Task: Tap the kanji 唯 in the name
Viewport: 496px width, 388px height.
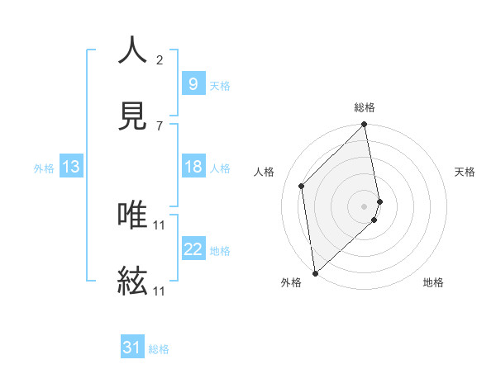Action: click(132, 215)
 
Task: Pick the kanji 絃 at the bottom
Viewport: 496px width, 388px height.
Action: click(132, 281)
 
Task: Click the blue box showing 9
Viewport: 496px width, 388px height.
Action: click(193, 83)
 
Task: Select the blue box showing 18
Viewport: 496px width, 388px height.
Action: click(193, 167)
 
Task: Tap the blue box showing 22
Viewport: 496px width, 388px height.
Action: click(193, 250)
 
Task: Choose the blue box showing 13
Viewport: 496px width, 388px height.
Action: click(71, 167)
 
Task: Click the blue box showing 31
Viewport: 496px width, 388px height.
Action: click(131, 348)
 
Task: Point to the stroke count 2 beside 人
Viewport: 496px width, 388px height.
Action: click(160, 59)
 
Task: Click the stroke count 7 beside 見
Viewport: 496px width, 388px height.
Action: click(160, 125)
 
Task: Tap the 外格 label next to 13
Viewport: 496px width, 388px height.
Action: click(44, 168)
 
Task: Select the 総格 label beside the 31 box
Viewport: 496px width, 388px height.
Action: click(159, 349)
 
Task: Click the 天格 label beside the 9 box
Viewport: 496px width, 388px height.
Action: click(220, 85)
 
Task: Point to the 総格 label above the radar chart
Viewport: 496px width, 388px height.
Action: click(365, 107)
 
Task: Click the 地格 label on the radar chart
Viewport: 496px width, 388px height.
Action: click(433, 282)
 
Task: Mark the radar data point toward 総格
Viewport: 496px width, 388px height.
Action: click(365, 125)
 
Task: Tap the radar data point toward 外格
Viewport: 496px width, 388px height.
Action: click(315, 272)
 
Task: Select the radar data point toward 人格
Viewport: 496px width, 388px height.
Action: click(302, 186)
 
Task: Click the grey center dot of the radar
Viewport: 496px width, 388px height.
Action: click(365, 206)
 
